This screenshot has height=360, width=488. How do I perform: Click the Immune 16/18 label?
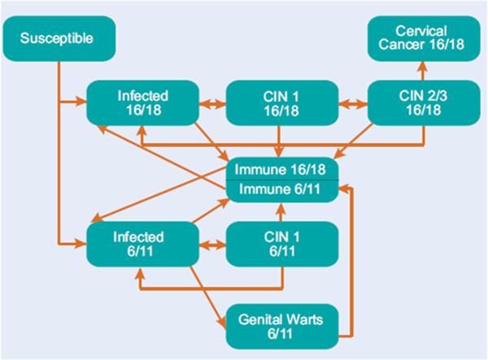[281, 169]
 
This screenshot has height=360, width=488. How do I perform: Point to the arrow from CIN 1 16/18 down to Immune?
[280, 141]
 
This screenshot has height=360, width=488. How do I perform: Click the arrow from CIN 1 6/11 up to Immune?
[280, 211]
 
